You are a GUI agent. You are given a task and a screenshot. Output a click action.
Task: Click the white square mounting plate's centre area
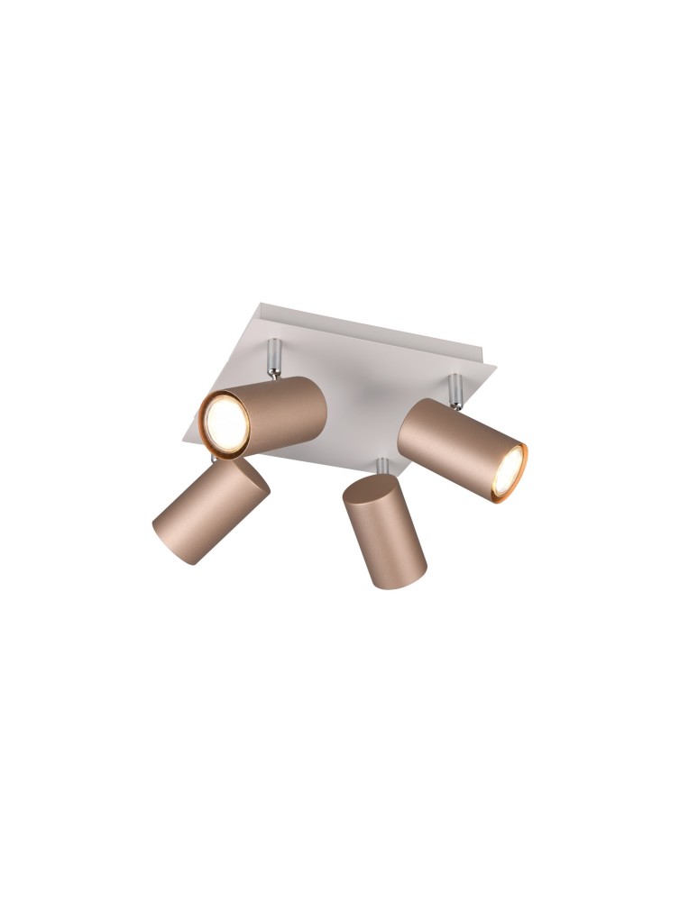(361, 396)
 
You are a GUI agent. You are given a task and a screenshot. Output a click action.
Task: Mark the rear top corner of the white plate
(260, 305)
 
